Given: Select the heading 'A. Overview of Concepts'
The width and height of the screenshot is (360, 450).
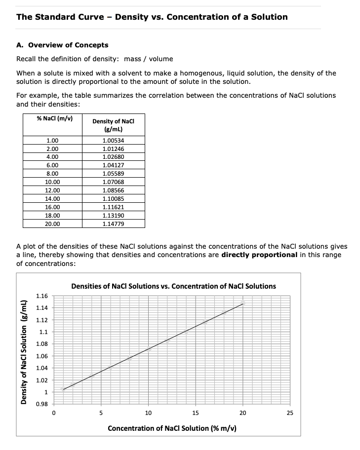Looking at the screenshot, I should pyautogui.click(x=62, y=45).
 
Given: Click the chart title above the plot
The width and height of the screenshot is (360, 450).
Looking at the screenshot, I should pyautogui.click(x=173, y=286).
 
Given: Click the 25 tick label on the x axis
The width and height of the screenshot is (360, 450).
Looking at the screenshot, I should pyautogui.click(x=289, y=413).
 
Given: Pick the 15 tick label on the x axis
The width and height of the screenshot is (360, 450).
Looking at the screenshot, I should pyautogui.click(x=196, y=413).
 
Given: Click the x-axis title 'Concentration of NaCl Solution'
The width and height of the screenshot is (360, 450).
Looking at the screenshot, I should pyautogui.click(x=172, y=428).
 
